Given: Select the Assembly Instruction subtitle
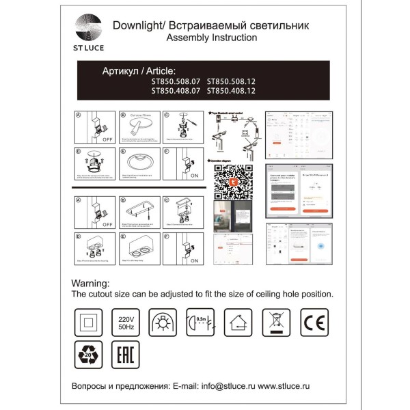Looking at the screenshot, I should pyautogui.click(x=212, y=38).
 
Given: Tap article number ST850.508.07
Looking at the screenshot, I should pyautogui.click(x=176, y=80).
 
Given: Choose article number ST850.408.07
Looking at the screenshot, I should pyautogui.click(x=176, y=90).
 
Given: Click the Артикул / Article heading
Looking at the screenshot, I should pyautogui.click(x=138, y=70).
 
